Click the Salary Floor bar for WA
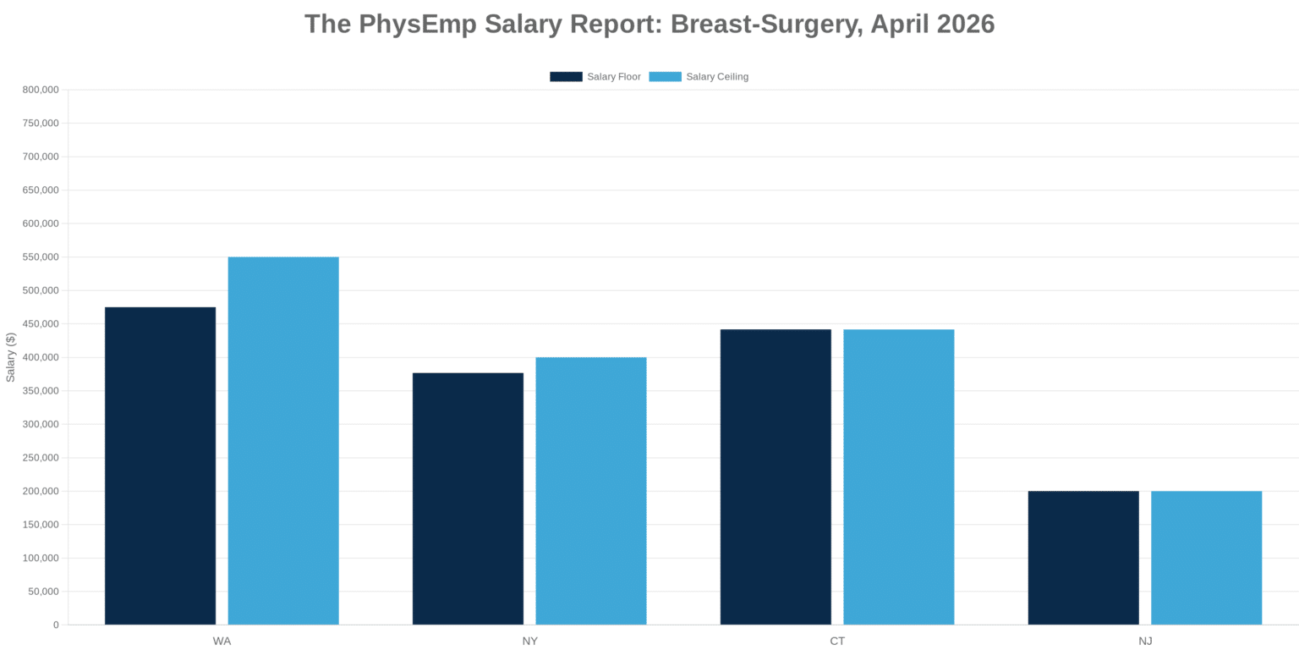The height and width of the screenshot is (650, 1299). click(x=160, y=465)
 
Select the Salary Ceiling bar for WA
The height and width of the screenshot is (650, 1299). click(x=283, y=440)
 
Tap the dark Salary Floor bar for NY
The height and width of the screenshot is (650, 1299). click(x=468, y=499)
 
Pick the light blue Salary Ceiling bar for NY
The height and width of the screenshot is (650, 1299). click(x=591, y=491)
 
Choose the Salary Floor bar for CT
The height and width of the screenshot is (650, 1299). click(x=776, y=476)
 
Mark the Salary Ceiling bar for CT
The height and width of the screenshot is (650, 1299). click(x=898, y=476)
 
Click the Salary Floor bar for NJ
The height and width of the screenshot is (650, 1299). click(x=1083, y=558)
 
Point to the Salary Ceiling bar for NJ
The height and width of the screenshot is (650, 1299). click(x=1206, y=558)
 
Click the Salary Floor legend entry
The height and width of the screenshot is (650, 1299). click(x=595, y=77)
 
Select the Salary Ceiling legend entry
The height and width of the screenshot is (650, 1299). click(x=699, y=77)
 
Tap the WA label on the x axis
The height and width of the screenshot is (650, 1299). click(x=222, y=642)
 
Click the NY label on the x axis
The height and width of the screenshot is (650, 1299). click(x=529, y=642)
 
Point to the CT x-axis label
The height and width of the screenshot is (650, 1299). click(x=837, y=642)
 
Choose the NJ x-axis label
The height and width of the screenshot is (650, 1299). click(x=1145, y=642)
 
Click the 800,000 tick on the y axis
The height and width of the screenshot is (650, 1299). click(x=41, y=90)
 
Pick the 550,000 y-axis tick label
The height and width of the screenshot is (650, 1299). click(x=41, y=257)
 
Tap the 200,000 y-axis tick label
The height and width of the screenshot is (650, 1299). click(x=41, y=491)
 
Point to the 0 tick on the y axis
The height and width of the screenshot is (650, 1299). click(x=56, y=625)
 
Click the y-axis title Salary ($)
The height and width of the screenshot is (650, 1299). click(x=11, y=357)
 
